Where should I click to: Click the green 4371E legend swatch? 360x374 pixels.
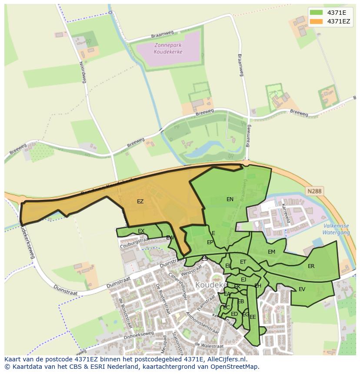click(317, 12)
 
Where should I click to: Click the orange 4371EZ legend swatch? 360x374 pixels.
click(317, 21)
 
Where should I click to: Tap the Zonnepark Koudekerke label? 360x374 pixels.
click(168, 48)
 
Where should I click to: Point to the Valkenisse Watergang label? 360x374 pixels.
click(337, 229)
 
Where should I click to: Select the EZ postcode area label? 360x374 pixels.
click(140, 202)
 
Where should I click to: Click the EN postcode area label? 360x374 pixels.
click(230, 199)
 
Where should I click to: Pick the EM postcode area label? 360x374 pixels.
click(271, 252)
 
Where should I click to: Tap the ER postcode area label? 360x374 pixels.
click(311, 266)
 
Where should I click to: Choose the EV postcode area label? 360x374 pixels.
click(302, 289)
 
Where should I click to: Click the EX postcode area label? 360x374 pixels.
click(141, 231)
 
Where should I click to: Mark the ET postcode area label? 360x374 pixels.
click(243, 262)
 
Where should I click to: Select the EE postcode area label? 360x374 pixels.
click(253, 317)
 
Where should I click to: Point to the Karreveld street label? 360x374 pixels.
click(286, 213)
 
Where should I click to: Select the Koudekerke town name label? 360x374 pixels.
click(211, 285)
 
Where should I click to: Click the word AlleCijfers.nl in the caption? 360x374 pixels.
click(227, 360)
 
